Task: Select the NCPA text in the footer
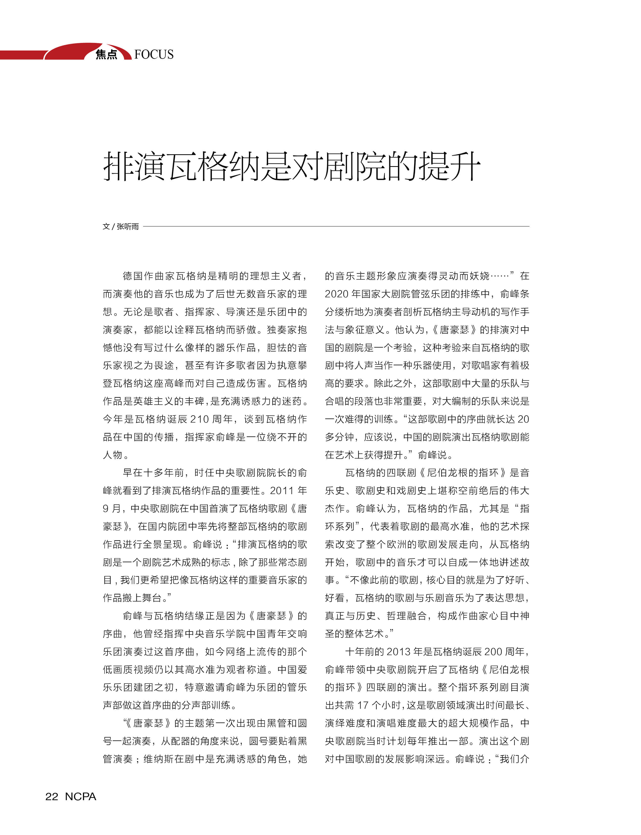coord(81,796)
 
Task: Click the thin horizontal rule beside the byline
coord(336,226)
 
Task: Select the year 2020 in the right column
coord(336,294)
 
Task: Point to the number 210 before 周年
coord(199,419)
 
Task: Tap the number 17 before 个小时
coord(363,705)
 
